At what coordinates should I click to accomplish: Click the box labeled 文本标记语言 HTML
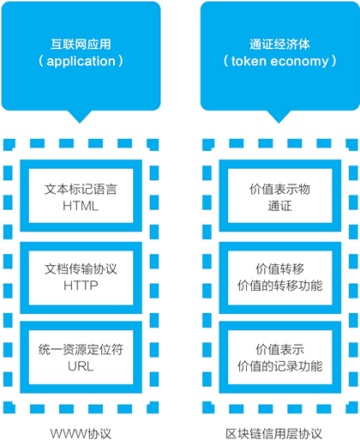[x=81, y=196]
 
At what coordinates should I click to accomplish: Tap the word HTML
[x=81, y=206]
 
